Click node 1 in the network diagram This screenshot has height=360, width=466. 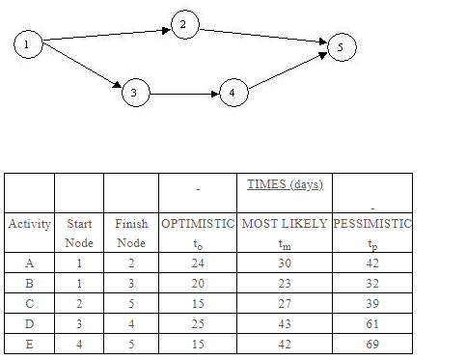point(29,45)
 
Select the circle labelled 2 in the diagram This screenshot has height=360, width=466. point(184,25)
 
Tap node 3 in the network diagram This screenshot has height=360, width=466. point(135,94)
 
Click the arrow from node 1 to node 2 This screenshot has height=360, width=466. point(106,36)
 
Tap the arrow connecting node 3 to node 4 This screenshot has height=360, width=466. point(182,95)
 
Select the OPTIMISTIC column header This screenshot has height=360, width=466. point(197,224)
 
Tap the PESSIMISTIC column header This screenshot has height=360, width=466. point(371,224)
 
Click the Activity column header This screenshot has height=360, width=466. point(29,224)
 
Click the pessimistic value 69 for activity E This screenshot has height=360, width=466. point(371,343)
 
